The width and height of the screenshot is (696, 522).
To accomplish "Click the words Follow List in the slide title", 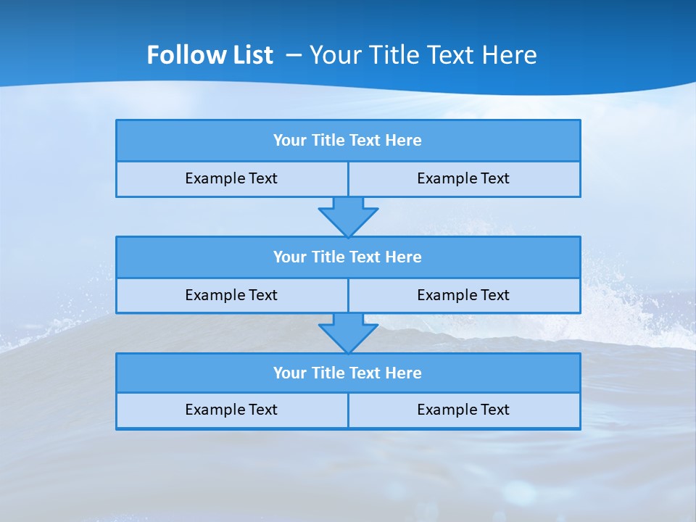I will [210, 55].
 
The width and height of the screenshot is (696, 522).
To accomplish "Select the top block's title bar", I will [348, 141].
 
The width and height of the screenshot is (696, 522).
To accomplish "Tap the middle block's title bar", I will [348, 257].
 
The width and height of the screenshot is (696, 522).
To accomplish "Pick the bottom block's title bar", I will [348, 373].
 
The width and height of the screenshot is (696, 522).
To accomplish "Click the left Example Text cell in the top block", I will [231, 179].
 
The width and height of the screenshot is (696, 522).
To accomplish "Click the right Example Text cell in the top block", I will [463, 179].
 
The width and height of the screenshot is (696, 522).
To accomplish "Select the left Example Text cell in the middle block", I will [231, 296].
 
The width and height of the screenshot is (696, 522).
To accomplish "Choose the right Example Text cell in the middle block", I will [463, 296].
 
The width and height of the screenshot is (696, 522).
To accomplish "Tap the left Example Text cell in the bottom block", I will [231, 410].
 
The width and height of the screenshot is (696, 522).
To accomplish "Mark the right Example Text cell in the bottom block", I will [463, 410].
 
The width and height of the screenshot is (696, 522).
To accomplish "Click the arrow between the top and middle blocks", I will [348, 216].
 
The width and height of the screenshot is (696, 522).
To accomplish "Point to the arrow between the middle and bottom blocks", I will [348, 332].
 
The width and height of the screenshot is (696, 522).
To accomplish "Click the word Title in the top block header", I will [328, 141].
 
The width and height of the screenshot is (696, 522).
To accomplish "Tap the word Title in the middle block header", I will [328, 257].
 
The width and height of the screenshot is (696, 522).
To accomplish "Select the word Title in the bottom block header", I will [328, 373].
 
